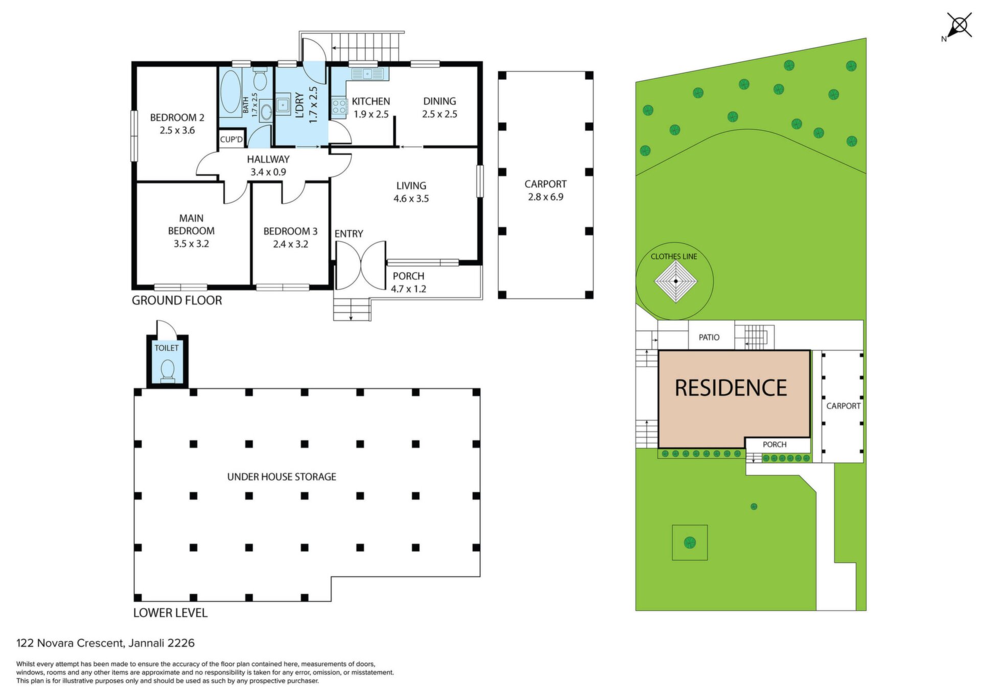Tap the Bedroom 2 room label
(x=177, y=124)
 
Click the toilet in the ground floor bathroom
(x=260, y=78)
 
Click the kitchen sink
(x=367, y=74)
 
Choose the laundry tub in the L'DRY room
(x=283, y=104)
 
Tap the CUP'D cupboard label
(x=231, y=139)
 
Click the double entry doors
(x=361, y=265)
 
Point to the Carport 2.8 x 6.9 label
(x=546, y=190)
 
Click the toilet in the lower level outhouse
(x=168, y=370)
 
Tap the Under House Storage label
(x=282, y=476)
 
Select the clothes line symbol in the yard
(x=675, y=281)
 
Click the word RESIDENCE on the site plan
(x=731, y=388)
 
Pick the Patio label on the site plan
(x=709, y=337)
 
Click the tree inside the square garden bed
(x=690, y=542)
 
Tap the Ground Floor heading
(x=177, y=300)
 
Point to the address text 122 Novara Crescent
(x=70, y=643)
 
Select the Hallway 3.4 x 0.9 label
(x=268, y=165)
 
